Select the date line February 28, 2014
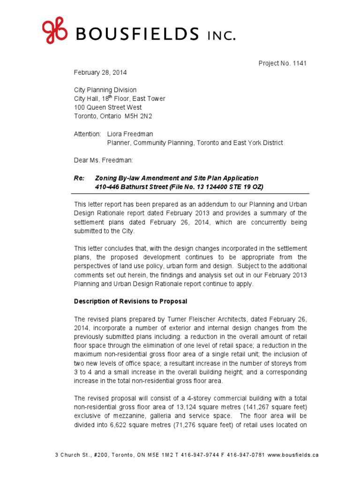(100, 73)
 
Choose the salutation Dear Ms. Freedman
(104, 160)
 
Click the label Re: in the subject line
(79, 178)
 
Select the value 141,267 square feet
(276, 407)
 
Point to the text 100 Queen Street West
(108, 107)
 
